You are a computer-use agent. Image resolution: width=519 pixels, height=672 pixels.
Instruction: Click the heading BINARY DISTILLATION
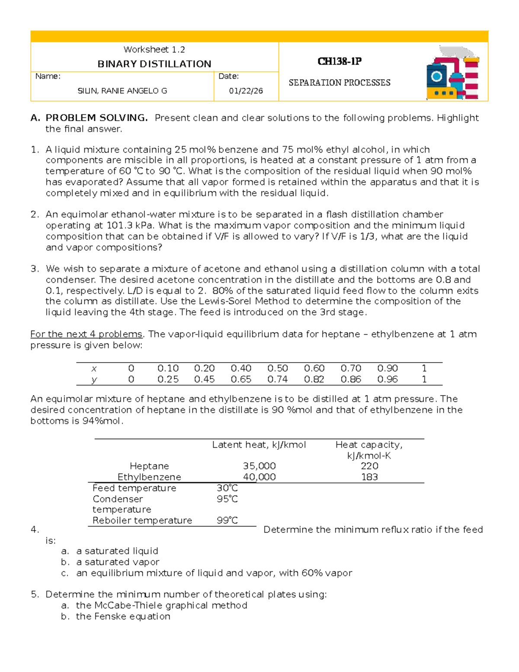[x=154, y=64]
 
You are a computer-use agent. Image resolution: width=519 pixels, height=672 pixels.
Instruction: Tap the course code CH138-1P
[x=340, y=61]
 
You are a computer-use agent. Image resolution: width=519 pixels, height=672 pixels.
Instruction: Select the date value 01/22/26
[x=246, y=91]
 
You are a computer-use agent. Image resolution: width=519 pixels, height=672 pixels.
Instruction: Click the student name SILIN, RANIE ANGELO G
[x=122, y=91]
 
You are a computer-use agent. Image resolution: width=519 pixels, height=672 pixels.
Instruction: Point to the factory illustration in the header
[x=452, y=73]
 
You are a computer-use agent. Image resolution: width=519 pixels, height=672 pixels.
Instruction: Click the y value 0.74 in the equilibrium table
[x=277, y=379]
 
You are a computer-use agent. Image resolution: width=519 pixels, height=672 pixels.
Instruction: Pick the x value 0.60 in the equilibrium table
[x=314, y=368]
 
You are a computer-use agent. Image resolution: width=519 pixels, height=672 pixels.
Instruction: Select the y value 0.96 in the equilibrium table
[x=387, y=379]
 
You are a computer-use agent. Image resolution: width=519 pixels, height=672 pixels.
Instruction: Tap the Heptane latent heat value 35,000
[x=259, y=466]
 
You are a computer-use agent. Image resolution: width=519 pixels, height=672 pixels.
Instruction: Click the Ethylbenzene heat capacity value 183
[x=369, y=477]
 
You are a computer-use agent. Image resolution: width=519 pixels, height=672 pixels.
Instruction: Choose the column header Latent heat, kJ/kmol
[x=259, y=445]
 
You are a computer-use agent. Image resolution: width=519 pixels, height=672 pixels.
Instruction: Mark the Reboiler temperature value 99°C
[x=227, y=520]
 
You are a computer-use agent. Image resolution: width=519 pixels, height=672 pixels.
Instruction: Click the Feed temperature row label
[x=134, y=488]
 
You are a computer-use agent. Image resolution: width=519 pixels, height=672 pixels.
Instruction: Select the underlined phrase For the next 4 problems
[x=86, y=334]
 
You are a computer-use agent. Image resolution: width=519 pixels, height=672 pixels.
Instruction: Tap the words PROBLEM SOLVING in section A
[x=96, y=118]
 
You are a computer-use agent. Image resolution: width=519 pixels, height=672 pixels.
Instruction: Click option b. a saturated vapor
[x=117, y=562]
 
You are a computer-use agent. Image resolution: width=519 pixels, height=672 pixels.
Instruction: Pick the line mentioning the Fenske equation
[x=123, y=616]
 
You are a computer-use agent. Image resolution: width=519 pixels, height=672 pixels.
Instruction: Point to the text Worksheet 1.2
[x=154, y=50]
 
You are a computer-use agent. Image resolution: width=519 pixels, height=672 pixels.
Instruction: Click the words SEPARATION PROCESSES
[x=340, y=83]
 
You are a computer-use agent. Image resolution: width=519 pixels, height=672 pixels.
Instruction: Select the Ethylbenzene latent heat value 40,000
[x=259, y=477]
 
